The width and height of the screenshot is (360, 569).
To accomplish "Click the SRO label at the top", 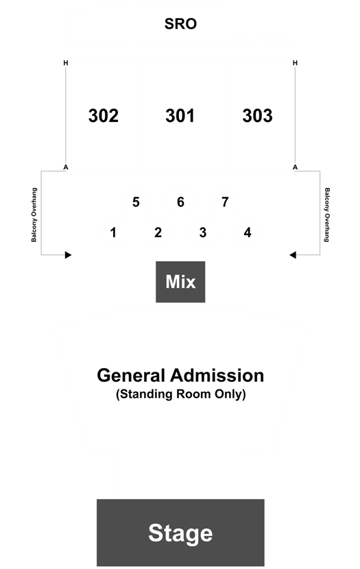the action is tap(180, 24).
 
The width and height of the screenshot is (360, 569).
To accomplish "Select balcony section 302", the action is tap(104, 116).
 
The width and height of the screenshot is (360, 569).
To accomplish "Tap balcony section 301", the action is tap(180, 116).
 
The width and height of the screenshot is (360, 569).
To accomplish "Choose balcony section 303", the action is tap(257, 116).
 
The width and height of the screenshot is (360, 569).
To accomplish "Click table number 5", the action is tap(136, 202).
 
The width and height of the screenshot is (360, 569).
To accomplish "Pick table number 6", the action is tap(180, 202).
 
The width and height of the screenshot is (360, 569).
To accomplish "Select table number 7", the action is tap(225, 202).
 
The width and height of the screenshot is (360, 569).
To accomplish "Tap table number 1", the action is tap(113, 232).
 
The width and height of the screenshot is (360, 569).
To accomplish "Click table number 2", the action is tap(158, 232).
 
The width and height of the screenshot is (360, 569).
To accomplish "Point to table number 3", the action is tap(203, 232).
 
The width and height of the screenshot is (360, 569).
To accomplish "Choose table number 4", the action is tap(248, 232).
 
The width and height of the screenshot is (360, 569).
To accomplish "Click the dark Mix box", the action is tap(180, 282).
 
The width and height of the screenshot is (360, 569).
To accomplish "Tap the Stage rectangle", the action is tap(180, 533).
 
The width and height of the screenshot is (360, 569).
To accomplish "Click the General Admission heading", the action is tap(180, 375).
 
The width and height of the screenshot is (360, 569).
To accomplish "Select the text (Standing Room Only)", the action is tap(181, 394).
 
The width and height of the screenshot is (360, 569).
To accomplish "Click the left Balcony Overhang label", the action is tap(34, 215).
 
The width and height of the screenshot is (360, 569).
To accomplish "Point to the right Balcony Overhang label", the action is tap(327, 215).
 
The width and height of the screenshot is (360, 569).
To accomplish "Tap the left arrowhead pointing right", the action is tap(68, 255).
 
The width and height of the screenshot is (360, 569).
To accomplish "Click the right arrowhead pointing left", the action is tap(293, 255).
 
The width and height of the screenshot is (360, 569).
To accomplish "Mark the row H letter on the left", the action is tap(66, 63).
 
